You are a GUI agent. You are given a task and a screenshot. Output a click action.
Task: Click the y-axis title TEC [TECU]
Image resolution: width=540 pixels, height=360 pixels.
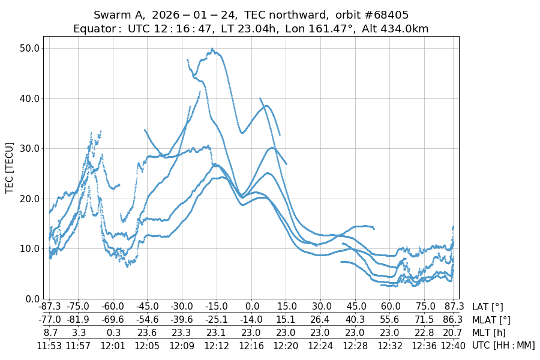coord(10,167)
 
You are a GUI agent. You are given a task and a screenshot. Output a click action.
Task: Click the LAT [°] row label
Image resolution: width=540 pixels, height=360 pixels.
coord(488,307)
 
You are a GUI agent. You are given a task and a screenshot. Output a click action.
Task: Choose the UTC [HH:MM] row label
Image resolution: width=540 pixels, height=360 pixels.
coord(503,345)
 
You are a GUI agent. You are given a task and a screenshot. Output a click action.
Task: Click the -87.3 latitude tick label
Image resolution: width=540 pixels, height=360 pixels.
coord(50,307)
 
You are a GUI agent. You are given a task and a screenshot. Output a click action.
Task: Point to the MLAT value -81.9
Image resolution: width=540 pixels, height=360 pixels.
coord(77,320)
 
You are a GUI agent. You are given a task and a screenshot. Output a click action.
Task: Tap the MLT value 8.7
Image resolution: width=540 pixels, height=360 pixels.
coord(50,332)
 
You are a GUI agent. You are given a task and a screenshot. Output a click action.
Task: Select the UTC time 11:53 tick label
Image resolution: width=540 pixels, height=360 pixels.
coord(50,345)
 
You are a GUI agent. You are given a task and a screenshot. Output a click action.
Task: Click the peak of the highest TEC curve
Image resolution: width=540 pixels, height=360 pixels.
coord(213,50)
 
